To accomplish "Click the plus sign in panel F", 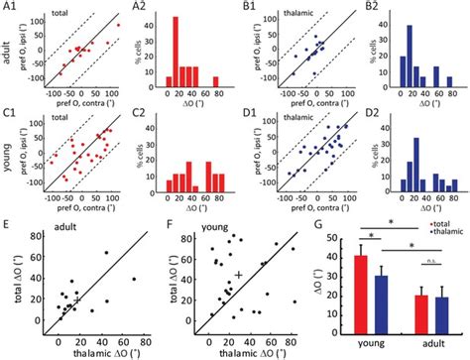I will [239, 273].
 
